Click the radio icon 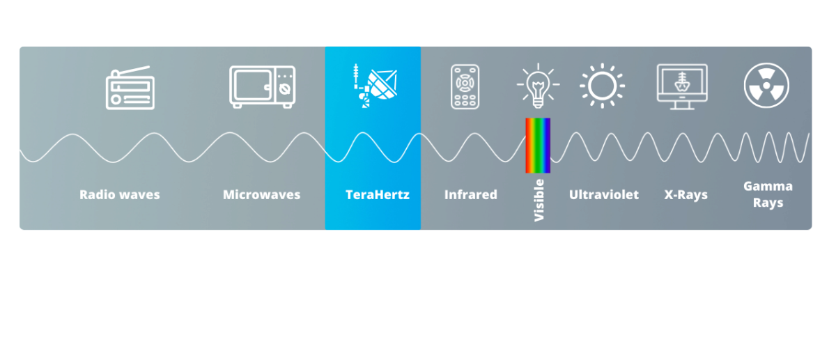(x=130, y=88)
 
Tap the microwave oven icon (x=263, y=87)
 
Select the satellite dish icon (x=375, y=86)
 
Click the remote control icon (x=465, y=87)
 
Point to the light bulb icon (x=538, y=86)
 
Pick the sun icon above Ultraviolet (x=602, y=86)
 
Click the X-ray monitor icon (x=682, y=87)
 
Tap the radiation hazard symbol (x=766, y=86)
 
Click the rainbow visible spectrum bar (x=538, y=146)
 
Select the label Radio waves (x=119, y=194)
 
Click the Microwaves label (x=261, y=194)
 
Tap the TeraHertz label (x=378, y=194)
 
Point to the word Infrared (x=471, y=194)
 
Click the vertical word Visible (x=539, y=201)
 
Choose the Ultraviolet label (x=603, y=194)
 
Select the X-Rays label (x=686, y=194)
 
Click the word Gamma (x=768, y=186)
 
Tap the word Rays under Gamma (x=768, y=203)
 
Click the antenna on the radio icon (x=132, y=70)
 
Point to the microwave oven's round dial (x=285, y=90)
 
